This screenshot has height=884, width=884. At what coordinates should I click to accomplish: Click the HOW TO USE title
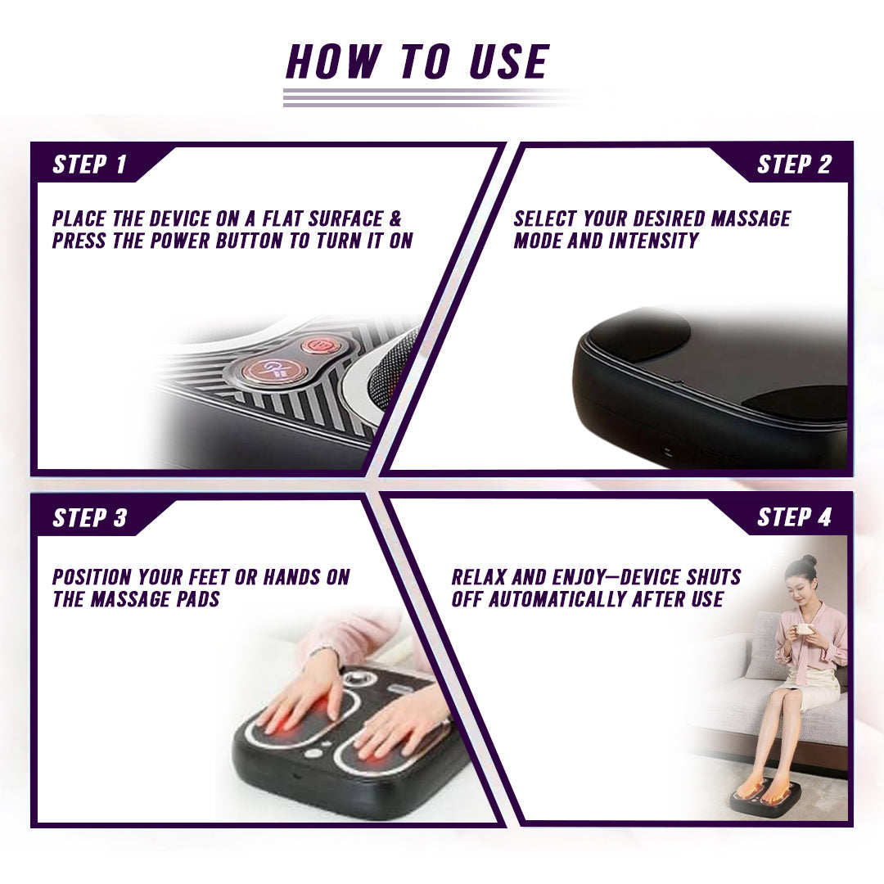(417, 62)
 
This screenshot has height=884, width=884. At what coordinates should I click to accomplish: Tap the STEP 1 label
(90, 165)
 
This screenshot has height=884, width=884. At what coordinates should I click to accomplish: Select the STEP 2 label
(794, 165)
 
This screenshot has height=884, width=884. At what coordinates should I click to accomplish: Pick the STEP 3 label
(90, 518)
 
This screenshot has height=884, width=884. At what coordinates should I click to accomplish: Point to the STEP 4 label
(794, 518)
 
